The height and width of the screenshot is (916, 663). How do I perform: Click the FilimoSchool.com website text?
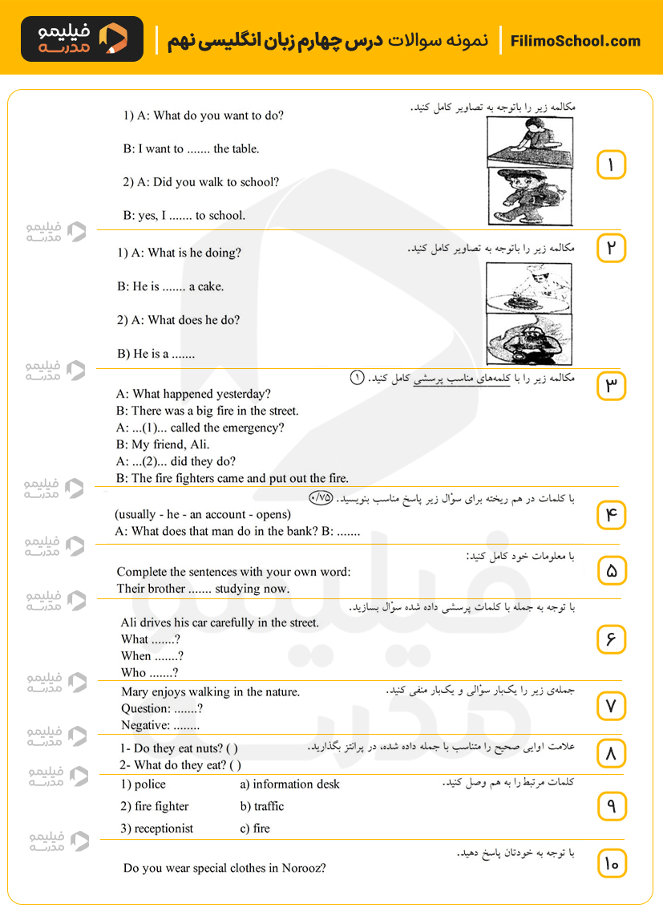click(575, 41)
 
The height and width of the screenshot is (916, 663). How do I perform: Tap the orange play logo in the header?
click(114, 38)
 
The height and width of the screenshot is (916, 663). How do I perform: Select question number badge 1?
click(611, 165)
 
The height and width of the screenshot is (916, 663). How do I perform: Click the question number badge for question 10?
click(611, 864)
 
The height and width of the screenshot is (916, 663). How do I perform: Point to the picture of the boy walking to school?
click(529, 197)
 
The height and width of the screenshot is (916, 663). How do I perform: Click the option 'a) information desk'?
click(289, 784)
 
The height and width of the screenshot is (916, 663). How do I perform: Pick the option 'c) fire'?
click(254, 829)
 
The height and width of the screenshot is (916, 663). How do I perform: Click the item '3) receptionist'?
click(157, 829)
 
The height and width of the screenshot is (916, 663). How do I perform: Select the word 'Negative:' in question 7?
click(145, 725)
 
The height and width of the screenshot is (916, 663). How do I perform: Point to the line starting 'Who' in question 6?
click(149, 673)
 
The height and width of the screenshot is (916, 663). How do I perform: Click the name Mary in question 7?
click(134, 692)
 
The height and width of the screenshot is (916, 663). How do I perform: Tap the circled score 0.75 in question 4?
click(321, 497)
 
